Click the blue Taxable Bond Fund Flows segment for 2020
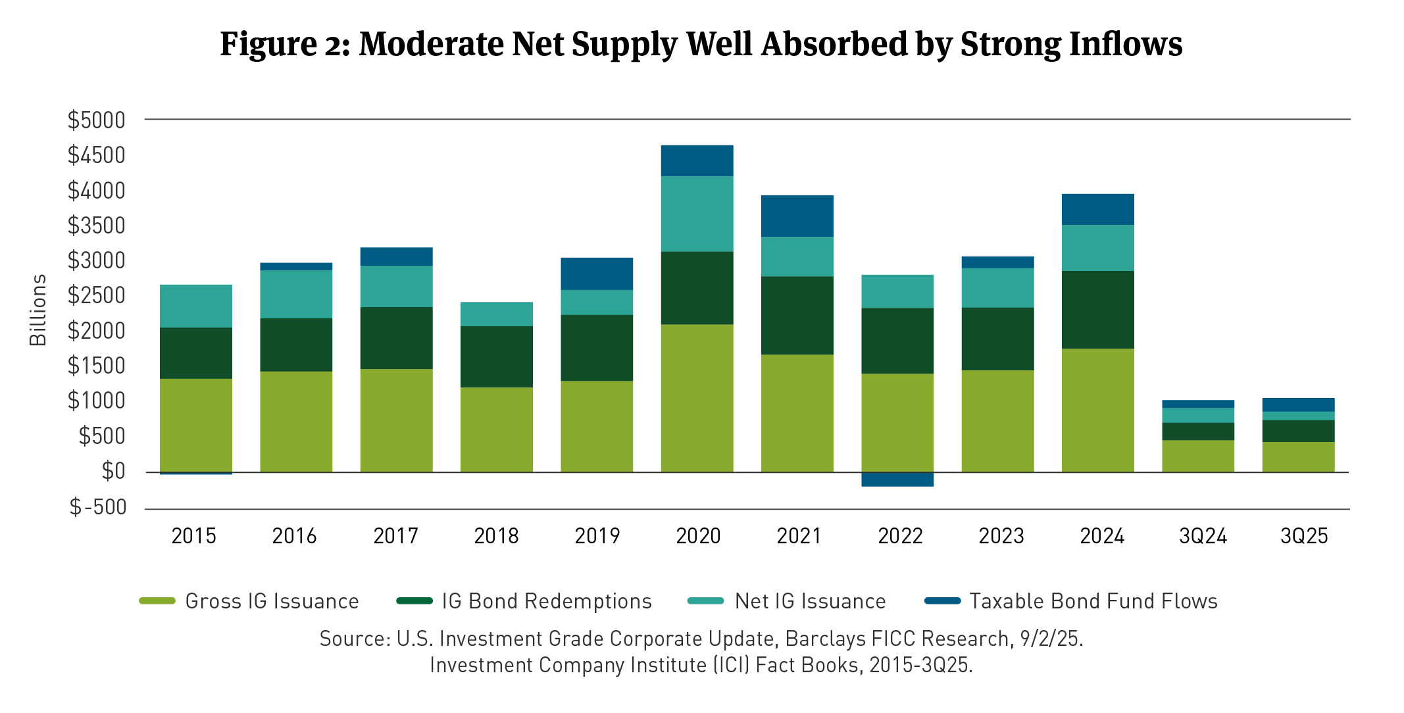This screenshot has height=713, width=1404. pyautogui.click(x=697, y=160)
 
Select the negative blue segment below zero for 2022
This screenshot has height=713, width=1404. pyautogui.click(x=897, y=479)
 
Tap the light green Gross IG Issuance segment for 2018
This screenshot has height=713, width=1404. pyautogui.click(x=496, y=430)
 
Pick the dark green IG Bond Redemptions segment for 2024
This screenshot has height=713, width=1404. pyautogui.click(x=1097, y=310)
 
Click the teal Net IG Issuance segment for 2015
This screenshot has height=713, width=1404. pyautogui.click(x=196, y=306)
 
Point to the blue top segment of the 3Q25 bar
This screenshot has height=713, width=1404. pyautogui.click(x=1298, y=405)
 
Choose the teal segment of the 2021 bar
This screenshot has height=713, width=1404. pyautogui.click(x=797, y=257)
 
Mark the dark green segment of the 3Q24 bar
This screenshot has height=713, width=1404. pyautogui.click(x=1198, y=431)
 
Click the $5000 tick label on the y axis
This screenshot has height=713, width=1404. pyautogui.click(x=96, y=120)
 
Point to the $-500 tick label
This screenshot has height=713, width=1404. pyautogui.click(x=98, y=507)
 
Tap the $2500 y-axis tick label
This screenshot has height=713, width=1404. pyautogui.click(x=96, y=296)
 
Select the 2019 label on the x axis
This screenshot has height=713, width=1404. pyautogui.click(x=597, y=536)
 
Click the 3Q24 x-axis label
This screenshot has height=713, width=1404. pyautogui.click(x=1203, y=536)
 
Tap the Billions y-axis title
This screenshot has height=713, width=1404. pyautogui.click(x=38, y=310)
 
